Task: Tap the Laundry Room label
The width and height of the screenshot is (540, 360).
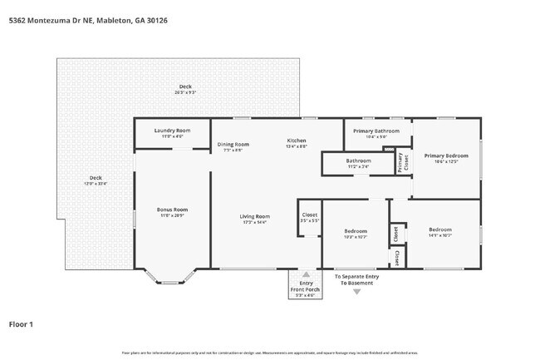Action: point(173,131)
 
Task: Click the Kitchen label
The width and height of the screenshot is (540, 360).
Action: point(297,142)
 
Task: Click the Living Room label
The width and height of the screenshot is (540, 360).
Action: point(255,219)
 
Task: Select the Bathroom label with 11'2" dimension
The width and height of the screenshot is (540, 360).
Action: point(358,162)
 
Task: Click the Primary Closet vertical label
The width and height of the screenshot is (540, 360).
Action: point(401,162)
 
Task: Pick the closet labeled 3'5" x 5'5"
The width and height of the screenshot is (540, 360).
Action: point(308,219)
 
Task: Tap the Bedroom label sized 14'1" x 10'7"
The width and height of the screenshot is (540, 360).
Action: point(440,232)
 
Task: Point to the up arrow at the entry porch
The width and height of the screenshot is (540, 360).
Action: point(306,274)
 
